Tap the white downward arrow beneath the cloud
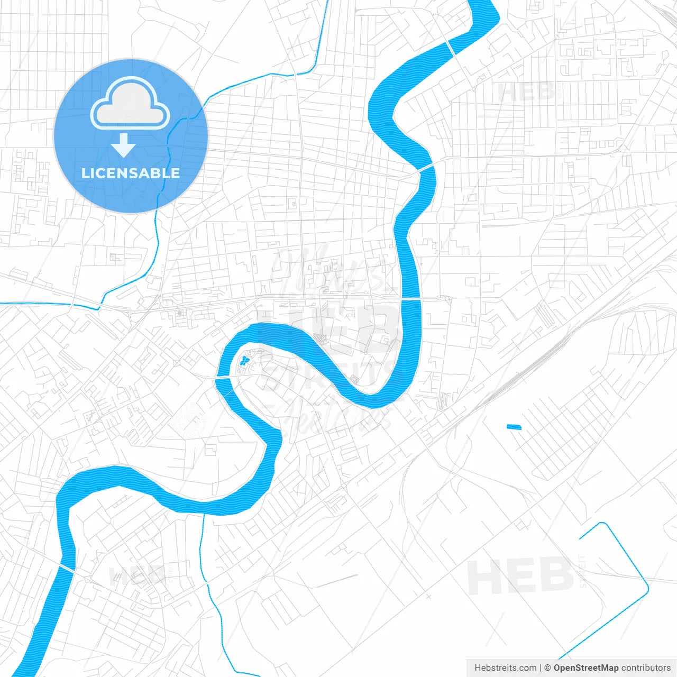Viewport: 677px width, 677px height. pyautogui.click(x=124, y=145)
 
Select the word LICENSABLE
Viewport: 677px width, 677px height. pyautogui.click(x=131, y=173)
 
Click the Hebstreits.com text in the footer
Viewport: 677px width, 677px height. pyautogui.click(x=505, y=668)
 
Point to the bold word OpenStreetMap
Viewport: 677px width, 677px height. pyautogui.click(x=586, y=668)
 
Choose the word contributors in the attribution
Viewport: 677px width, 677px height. pyautogui.click(x=646, y=668)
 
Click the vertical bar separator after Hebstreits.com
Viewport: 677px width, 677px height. pyautogui.click(x=541, y=668)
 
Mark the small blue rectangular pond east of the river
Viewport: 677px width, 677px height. pyautogui.click(x=514, y=427)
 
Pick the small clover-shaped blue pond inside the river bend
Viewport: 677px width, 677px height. pyautogui.click(x=244, y=361)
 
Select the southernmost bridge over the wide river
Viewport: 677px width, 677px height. pyautogui.click(x=67, y=567)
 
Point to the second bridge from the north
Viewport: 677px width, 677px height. pyautogui.click(x=426, y=168)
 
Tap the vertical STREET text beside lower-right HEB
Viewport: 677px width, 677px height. pyautogui.click(x=582, y=571)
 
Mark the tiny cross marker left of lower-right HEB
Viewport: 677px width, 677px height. pyautogui.click(x=428, y=596)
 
